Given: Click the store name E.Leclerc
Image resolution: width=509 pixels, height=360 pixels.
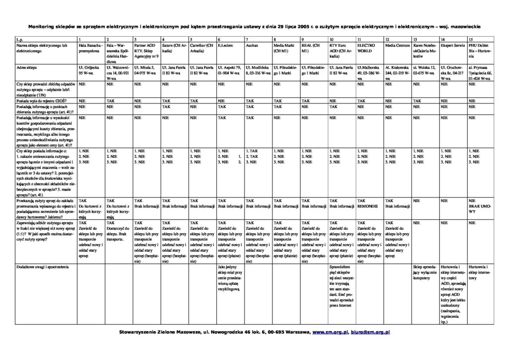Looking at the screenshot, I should click(x=226, y=45).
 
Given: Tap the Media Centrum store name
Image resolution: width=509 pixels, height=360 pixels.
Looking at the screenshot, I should click(x=397, y=45).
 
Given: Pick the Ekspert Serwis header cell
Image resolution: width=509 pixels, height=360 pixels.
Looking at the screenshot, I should click(x=450, y=45).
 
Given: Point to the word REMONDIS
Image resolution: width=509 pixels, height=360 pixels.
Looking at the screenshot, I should click(x=368, y=205).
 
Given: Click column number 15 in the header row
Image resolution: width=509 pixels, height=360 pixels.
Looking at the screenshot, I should click(x=471, y=39).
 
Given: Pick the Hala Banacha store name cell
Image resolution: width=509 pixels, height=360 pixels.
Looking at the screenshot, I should click(x=90, y=48).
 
